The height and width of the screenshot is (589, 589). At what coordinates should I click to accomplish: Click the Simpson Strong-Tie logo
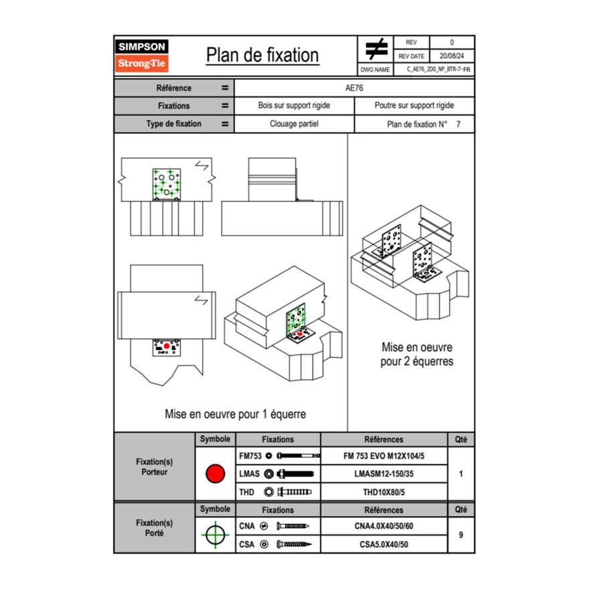(x=143, y=56)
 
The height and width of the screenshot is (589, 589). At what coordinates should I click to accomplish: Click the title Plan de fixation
(x=262, y=55)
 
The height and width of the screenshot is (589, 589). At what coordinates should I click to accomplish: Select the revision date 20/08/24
(x=452, y=56)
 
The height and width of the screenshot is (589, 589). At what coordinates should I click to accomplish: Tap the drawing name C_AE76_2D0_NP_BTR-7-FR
(x=438, y=69)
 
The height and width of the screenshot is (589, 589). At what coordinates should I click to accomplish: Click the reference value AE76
(x=354, y=88)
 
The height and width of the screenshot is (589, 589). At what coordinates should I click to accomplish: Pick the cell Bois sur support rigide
(x=294, y=106)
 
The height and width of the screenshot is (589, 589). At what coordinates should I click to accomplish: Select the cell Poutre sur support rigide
(x=414, y=106)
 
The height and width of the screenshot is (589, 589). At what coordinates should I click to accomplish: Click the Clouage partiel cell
(x=294, y=124)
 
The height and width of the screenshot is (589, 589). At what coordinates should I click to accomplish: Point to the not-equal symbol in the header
(x=376, y=49)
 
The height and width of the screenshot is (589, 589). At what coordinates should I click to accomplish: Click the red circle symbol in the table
(x=215, y=474)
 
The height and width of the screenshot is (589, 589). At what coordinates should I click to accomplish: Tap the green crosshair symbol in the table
(x=215, y=535)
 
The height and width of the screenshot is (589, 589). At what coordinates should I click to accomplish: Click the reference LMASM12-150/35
(x=384, y=474)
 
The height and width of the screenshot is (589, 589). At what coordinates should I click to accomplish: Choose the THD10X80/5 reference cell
(x=384, y=492)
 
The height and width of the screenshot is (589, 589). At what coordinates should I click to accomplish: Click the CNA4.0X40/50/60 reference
(x=384, y=526)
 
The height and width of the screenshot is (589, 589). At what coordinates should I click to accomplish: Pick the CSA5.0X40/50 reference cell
(x=384, y=544)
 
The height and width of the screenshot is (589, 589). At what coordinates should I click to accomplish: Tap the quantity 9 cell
(x=460, y=535)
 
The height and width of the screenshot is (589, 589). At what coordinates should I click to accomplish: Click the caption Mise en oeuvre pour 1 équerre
(x=235, y=414)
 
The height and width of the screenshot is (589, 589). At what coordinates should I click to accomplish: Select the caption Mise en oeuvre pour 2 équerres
(x=417, y=354)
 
